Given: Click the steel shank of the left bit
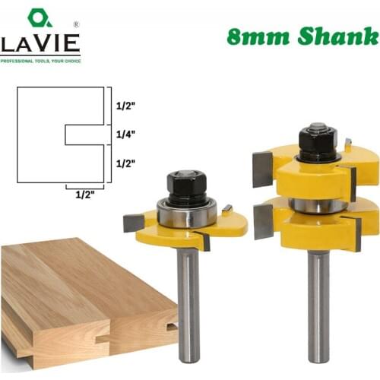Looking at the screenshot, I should tap(187, 304).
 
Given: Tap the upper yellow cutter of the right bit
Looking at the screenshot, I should tap(304, 171).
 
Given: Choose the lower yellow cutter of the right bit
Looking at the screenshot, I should tap(308, 228).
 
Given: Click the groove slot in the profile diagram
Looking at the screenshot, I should tap(84, 135).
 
